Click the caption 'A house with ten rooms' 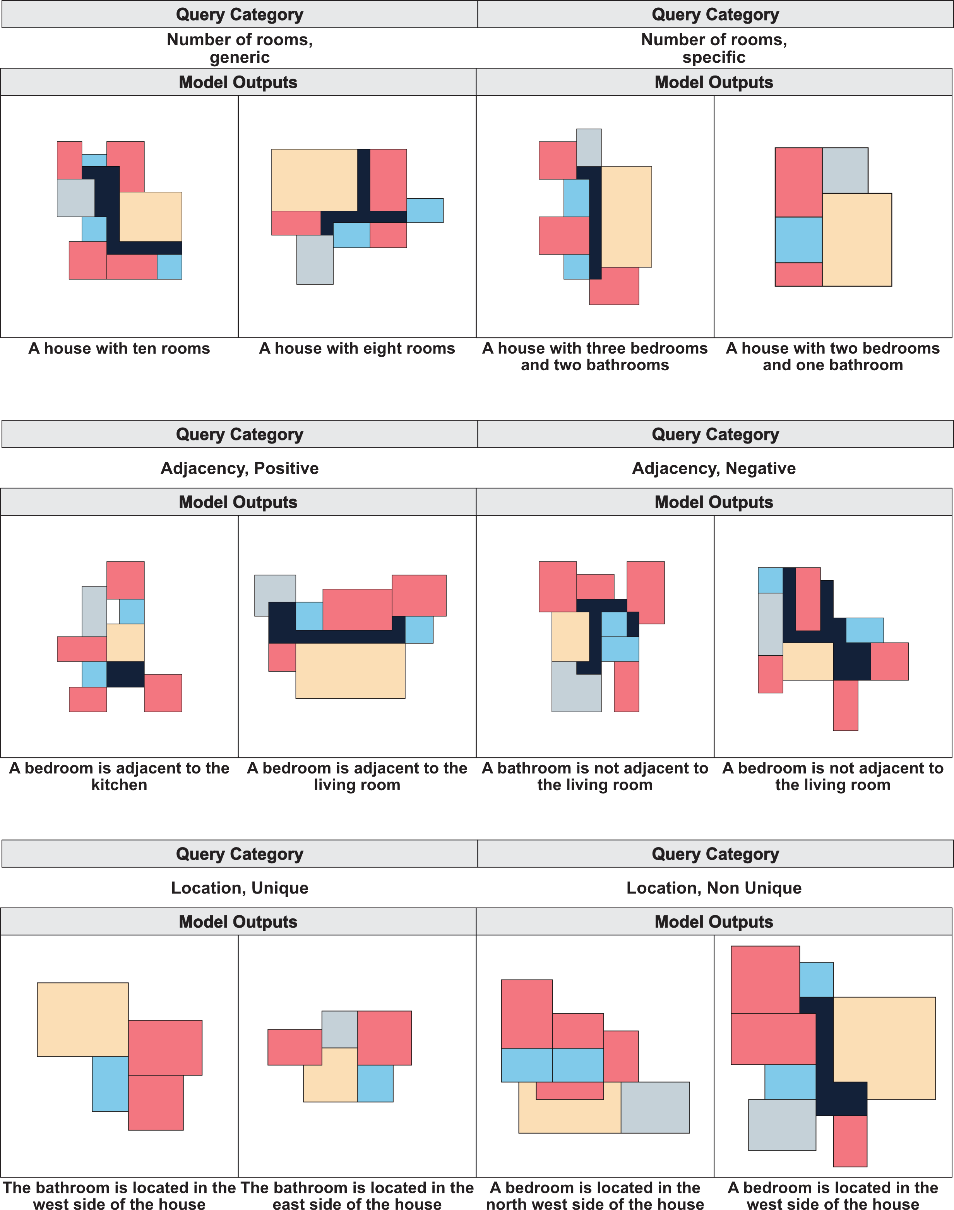pos(119,348)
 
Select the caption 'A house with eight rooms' pos(357,348)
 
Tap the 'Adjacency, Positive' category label pos(239,468)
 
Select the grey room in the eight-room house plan pos(315,260)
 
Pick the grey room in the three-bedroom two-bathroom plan pos(589,147)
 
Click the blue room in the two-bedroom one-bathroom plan pos(798,239)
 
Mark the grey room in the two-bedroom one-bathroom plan pos(844,170)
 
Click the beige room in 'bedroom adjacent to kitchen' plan pos(125,642)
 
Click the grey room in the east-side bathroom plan pos(339,1028)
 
